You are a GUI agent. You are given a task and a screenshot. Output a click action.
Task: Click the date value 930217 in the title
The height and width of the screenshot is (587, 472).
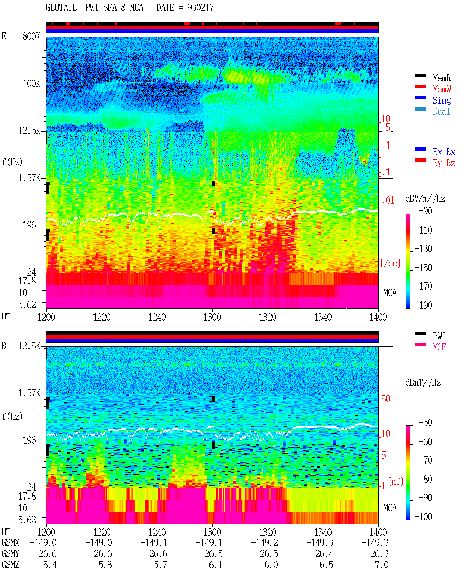click(201, 8)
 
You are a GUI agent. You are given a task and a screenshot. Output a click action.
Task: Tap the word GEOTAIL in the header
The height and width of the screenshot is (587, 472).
click(61, 8)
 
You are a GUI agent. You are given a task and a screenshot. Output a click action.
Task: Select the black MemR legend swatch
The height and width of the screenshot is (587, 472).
click(420, 76)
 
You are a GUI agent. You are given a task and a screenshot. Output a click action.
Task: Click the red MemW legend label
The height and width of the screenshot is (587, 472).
click(442, 89)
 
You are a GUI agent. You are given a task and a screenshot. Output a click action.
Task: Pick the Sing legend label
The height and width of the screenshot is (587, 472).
click(442, 100)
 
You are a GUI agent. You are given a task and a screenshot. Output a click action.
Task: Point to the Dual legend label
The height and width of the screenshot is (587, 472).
click(441, 111)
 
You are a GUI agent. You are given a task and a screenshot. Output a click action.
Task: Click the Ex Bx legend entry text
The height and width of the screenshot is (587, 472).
click(444, 152)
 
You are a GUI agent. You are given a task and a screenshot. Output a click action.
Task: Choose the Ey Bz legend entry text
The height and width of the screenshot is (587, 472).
click(444, 163)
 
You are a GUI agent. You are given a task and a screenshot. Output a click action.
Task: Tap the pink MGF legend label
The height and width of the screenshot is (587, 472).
click(439, 347)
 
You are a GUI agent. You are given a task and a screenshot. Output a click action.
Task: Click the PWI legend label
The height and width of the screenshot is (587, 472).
click(439, 336)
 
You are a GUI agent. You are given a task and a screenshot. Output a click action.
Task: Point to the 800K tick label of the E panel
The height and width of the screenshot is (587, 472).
click(31, 36)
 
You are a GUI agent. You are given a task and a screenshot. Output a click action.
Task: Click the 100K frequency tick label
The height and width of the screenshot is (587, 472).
click(31, 84)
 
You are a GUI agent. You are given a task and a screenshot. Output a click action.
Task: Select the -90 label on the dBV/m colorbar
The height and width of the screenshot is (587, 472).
click(426, 211)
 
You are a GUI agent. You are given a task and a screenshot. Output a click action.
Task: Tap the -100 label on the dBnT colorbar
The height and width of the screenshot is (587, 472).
click(423, 517)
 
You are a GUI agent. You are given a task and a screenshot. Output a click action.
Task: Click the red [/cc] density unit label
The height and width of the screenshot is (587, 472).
click(391, 263)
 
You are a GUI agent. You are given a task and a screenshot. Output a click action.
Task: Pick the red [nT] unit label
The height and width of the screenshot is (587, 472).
click(396, 482)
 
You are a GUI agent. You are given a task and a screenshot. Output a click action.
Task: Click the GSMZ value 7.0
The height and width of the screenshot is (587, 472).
click(382, 565)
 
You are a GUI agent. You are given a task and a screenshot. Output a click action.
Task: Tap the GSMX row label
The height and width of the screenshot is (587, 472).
click(10, 542)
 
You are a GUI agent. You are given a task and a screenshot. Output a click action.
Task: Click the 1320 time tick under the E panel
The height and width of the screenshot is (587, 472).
click(268, 317)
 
